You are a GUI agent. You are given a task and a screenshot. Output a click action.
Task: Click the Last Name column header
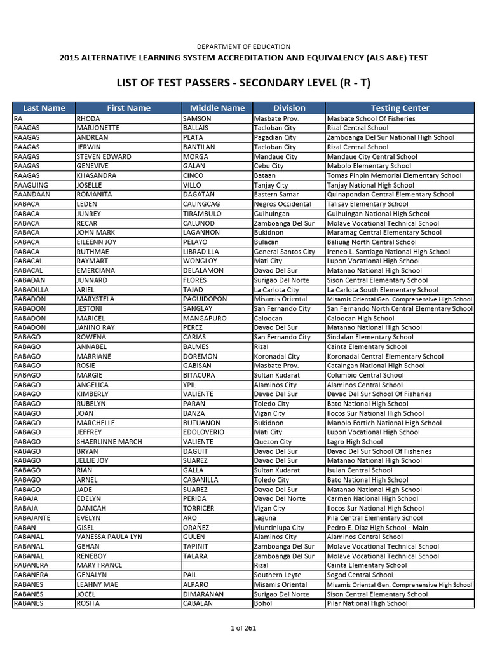pyautogui.click(x=44, y=108)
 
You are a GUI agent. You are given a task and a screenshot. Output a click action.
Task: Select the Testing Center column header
pyautogui.click(x=400, y=108)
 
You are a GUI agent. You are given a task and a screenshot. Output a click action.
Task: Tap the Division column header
pyautogui.click(x=289, y=108)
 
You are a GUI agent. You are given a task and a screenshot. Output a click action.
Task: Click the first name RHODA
pyautogui.click(x=88, y=118)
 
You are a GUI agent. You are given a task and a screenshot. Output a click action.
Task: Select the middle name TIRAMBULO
pyautogui.click(x=202, y=214)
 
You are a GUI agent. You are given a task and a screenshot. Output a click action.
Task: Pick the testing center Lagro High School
pyautogui.click(x=355, y=442)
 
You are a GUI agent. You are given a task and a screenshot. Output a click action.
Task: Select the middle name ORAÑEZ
pyautogui.click(x=196, y=528)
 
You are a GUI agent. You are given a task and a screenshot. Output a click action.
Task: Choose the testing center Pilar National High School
pyautogui.click(x=367, y=603)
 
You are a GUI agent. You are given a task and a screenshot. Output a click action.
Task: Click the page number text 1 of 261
pyautogui.click(x=243, y=628)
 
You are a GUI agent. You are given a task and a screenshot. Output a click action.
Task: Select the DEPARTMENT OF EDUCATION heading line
pyautogui.click(x=243, y=46)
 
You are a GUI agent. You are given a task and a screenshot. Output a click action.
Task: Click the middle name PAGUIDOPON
pyautogui.click(x=205, y=299)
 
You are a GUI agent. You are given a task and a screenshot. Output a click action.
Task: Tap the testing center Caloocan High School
pyautogui.click(x=360, y=318)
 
